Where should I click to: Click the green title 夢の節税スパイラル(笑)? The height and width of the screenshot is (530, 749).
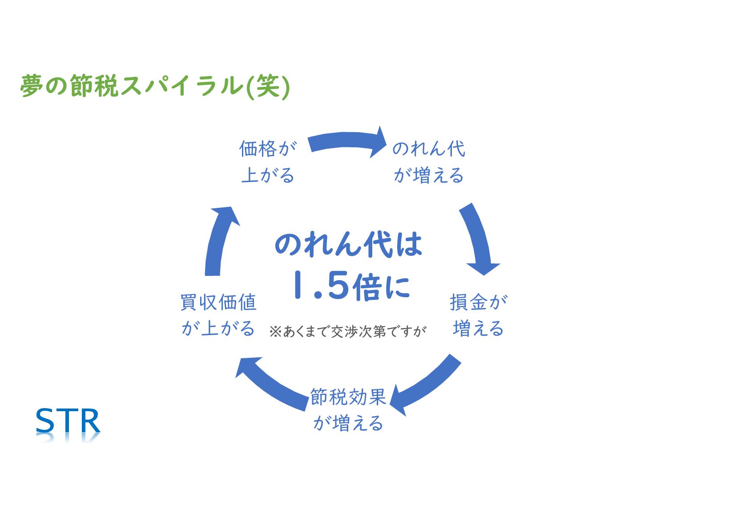click(x=155, y=85)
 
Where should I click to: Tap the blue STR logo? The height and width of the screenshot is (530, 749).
click(x=68, y=421)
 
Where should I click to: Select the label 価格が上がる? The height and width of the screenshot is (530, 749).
click(x=268, y=162)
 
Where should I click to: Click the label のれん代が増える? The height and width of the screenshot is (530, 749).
click(x=429, y=162)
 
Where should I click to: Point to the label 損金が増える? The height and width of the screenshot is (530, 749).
click(x=478, y=315)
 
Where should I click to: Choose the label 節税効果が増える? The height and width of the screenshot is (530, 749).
click(x=348, y=409)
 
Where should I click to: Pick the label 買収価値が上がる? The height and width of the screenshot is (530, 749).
click(x=218, y=315)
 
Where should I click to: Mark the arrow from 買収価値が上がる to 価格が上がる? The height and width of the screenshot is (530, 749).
click(x=218, y=240)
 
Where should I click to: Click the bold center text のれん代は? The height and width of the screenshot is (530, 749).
click(x=348, y=244)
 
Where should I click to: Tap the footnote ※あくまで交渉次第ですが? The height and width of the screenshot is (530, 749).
click(x=347, y=332)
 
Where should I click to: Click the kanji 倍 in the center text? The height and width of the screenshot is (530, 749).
click(x=367, y=287)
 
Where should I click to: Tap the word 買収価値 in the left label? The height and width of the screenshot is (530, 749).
click(x=218, y=303)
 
